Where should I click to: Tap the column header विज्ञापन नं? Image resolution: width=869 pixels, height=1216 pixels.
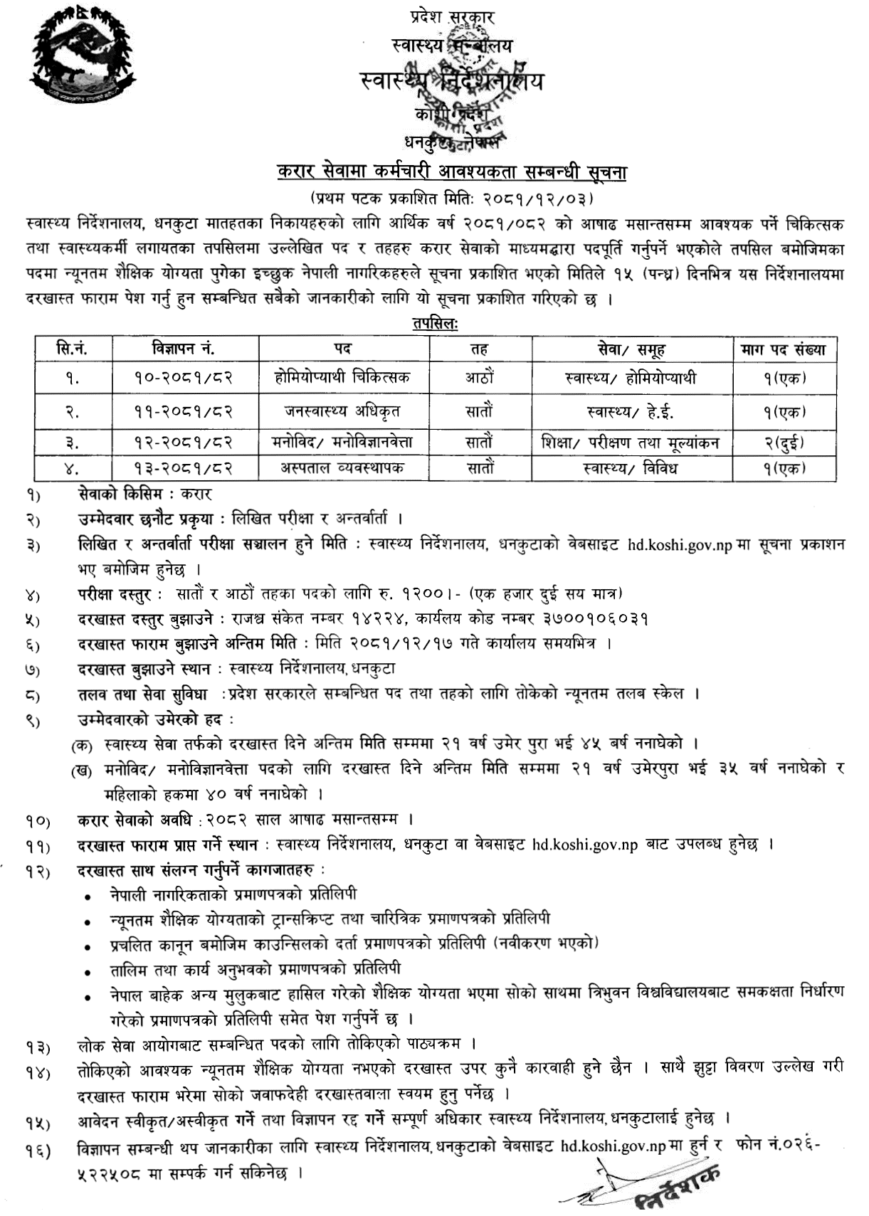[183, 349]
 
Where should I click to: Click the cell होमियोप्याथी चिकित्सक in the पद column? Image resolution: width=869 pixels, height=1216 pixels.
[342, 377]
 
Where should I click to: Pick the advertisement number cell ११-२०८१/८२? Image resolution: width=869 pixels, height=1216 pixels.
[184, 411]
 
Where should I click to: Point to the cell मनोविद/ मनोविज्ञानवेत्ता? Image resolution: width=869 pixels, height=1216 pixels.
[342, 442]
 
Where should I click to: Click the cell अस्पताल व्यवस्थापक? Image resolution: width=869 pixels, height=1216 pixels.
[342, 468]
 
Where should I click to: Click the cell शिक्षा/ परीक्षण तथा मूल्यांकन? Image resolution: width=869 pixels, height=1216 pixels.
[630, 442]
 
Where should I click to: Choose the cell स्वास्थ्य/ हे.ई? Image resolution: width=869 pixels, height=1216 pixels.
[630, 411]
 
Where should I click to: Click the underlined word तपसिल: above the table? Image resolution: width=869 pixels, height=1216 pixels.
[435, 324]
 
